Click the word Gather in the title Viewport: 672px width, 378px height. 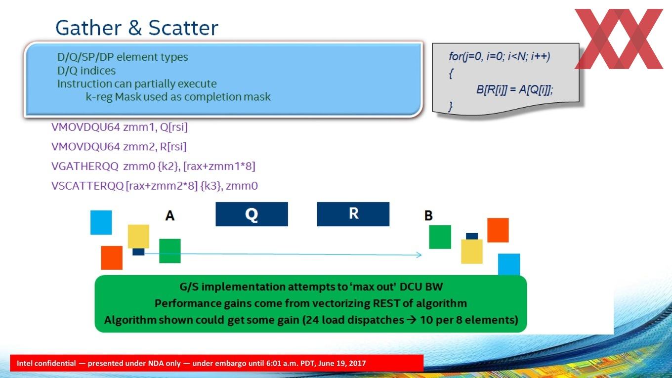(88, 28)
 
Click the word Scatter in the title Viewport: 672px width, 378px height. (183, 28)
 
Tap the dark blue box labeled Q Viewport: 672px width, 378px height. (252, 214)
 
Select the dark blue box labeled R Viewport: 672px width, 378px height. (353, 214)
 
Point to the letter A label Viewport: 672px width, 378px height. (170, 215)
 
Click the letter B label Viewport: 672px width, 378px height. (428, 215)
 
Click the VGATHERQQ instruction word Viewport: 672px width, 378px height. (85, 166)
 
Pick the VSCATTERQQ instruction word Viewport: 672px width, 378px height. (87, 186)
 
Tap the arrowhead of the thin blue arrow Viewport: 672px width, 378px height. (419, 255)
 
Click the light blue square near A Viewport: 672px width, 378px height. (101, 222)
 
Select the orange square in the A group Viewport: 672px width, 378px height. (112, 258)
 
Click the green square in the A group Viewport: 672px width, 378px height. (170, 251)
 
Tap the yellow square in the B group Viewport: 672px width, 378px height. (471, 252)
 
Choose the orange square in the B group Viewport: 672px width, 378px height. (498, 230)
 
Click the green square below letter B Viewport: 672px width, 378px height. (440, 237)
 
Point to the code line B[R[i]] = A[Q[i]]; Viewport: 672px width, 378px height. (514, 89)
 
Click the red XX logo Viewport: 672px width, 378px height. (619, 39)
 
